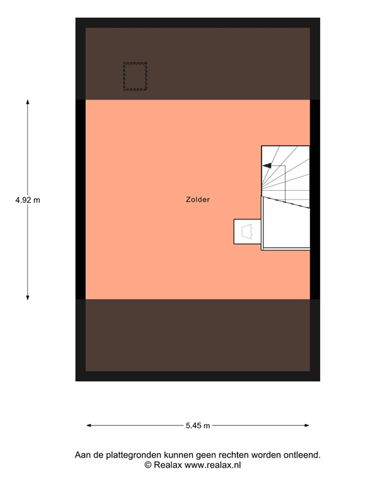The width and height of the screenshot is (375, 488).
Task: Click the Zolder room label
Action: click(x=197, y=200)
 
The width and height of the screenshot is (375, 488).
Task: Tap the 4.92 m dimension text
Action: click(x=28, y=200)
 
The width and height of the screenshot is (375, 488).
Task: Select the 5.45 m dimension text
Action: click(x=197, y=426)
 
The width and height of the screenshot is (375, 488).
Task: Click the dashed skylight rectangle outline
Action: click(x=135, y=63)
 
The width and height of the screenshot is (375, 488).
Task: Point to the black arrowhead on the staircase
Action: click(x=267, y=166)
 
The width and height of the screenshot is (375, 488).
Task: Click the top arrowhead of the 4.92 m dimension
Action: click(x=28, y=102)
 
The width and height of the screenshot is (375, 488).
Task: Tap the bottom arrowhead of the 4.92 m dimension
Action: click(x=28, y=297)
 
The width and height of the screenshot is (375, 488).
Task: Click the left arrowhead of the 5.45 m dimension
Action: click(x=89, y=426)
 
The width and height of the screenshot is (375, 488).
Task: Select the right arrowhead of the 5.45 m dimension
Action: click(x=307, y=426)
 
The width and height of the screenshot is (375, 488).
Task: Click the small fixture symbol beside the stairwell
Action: click(x=247, y=231)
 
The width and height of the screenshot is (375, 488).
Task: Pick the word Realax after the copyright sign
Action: click(x=168, y=465)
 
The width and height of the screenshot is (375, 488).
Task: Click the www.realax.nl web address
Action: click(x=213, y=465)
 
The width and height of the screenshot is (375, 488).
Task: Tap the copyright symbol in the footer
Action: click(x=148, y=465)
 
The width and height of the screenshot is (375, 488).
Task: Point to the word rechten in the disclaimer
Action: click(x=234, y=455)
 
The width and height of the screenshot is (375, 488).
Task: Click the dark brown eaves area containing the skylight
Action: click(x=197, y=64)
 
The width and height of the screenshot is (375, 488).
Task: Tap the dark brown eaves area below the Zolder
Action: click(x=197, y=335)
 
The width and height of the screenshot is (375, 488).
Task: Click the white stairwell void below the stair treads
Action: click(x=285, y=226)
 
